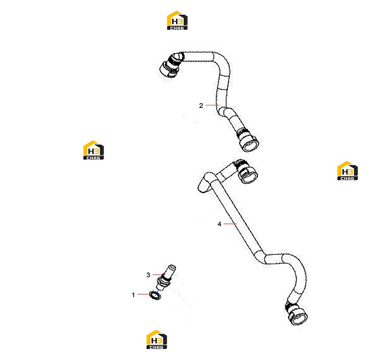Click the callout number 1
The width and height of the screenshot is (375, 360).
pyautogui.click(x=133, y=295)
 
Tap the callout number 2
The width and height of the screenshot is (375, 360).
pyautogui.click(x=201, y=105)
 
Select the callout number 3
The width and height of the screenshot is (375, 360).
pyautogui.click(x=148, y=275)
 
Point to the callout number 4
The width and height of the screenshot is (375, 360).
pyautogui.click(x=219, y=224)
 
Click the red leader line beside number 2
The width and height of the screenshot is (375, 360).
pyautogui.click(x=213, y=105)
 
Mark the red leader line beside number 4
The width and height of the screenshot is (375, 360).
pyautogui.click(x=230, y=224)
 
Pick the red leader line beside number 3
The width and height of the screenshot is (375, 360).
pyautogui.click(x=159, y=275)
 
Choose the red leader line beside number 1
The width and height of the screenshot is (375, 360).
pyautogui.click(x=144, y=294)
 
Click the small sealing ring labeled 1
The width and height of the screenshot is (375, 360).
pyautogui.click(x=155, y=295)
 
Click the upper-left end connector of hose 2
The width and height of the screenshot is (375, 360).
pyautogui.click(x=171, y=65)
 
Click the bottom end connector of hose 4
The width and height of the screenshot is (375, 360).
pyautogui.click(x=296, y=313)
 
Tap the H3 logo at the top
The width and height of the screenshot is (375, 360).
pyautogui.click(x=177, y=20)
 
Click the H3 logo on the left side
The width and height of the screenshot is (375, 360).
pyautogui.click(x=94, y=150)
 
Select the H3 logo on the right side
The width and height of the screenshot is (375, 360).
pyautogui.click(x=347, y=171)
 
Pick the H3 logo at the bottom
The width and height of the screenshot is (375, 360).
pyautogui.click(x=157, y=339)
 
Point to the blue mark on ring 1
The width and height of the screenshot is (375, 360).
pyautogui.click(x=156, y=294)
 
